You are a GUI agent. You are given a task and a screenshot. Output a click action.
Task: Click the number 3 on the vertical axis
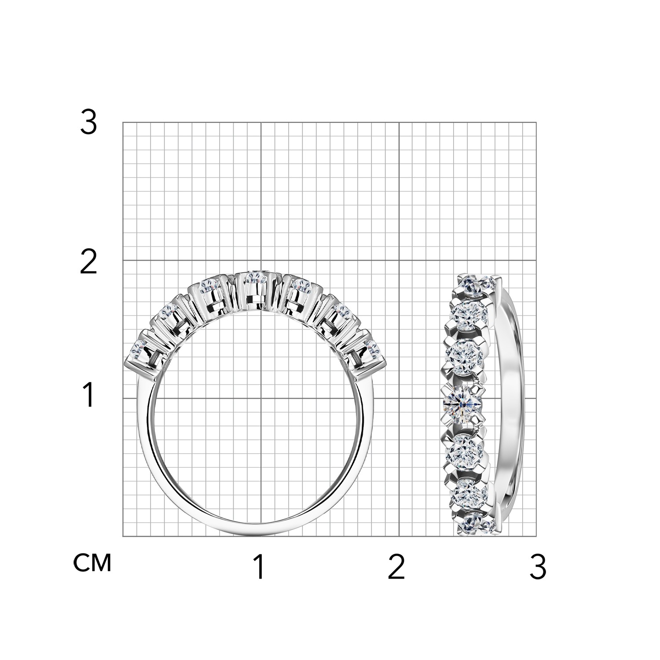click(x=88, y=122)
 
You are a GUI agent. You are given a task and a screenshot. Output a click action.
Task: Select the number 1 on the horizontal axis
click(x=260, y=567)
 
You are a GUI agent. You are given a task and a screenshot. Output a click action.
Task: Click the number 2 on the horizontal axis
click(x=396, y=567)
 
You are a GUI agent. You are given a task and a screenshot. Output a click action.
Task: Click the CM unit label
click(x=92, y=563)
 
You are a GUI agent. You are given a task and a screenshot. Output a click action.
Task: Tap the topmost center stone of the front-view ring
click(x=254, y=278)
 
